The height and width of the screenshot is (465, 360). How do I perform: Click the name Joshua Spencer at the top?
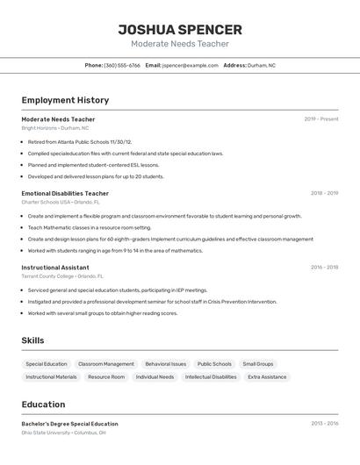[179, 29]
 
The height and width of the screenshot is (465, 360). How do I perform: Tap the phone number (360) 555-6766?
[122, 65]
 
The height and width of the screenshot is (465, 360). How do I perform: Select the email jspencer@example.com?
[190, 65]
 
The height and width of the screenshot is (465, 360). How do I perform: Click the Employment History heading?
[65, 101]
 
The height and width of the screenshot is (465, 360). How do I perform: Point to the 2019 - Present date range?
[321, 119]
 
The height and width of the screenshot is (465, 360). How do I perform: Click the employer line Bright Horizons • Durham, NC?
[55, 128]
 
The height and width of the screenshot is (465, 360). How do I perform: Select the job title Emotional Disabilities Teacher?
[65, 193]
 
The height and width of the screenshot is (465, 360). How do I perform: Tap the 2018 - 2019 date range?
[324, 193]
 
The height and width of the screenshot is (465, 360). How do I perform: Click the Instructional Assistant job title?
[55, 268]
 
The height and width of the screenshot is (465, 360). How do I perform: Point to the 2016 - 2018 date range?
[324, 268]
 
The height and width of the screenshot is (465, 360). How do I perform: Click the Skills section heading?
[33, 340]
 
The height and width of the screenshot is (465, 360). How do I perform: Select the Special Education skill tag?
[47, 364]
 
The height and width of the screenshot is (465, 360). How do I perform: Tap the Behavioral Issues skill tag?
[166, 364]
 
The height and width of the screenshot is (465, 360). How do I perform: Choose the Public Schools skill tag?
[214, 364]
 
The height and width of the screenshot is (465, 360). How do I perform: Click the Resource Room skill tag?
[106, 377]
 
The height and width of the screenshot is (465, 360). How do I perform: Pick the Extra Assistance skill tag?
[267, 377]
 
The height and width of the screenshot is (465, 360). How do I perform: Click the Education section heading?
[44, 404]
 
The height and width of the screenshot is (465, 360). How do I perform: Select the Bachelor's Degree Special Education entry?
[69, 424]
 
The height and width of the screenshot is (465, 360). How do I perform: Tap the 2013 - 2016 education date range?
[324, 424]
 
